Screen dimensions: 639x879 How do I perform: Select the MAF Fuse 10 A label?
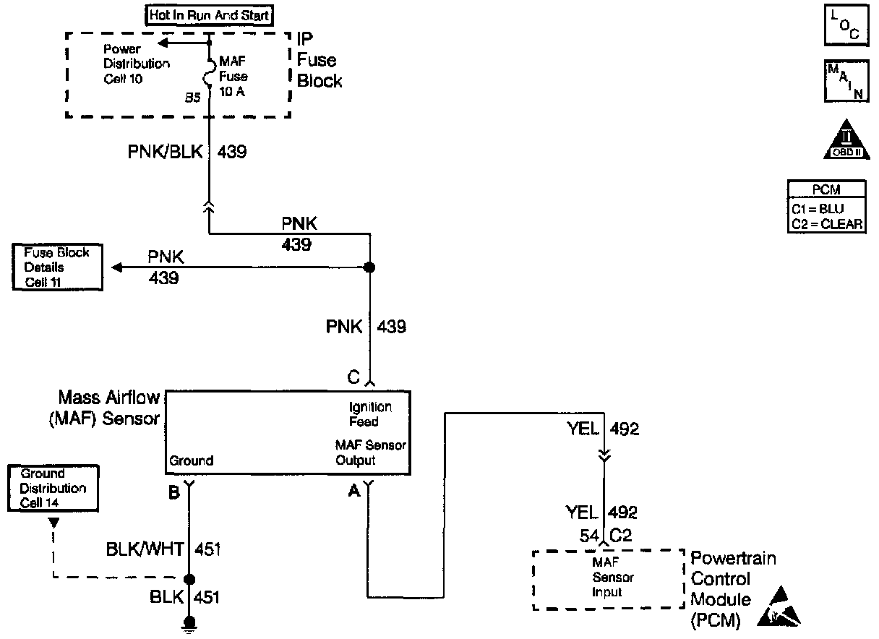coord(233,76)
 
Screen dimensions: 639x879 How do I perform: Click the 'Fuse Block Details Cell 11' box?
coord(56,267)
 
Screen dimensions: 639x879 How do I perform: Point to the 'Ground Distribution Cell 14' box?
coord(53,488)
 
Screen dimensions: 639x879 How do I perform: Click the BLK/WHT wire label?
coord(144,550)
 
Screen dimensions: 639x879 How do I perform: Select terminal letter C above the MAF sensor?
coord(353,377)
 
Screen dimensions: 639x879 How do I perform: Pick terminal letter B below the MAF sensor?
coord(173,492)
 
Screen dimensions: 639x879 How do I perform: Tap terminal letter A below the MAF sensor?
coord(354,492)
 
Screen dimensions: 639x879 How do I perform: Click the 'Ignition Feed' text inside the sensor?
coord(370,414)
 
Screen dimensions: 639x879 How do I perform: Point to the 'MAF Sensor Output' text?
coord(370,453)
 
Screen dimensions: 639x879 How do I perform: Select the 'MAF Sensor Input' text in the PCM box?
coord(608,578)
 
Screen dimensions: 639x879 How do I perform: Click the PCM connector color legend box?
coord(826,207)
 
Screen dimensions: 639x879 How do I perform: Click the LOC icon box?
coord(844,26)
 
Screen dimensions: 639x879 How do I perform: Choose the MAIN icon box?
coord(844,81)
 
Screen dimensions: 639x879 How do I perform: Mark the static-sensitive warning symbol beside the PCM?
coord(779,606)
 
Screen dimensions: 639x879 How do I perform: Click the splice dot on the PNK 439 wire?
coord(369,267)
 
